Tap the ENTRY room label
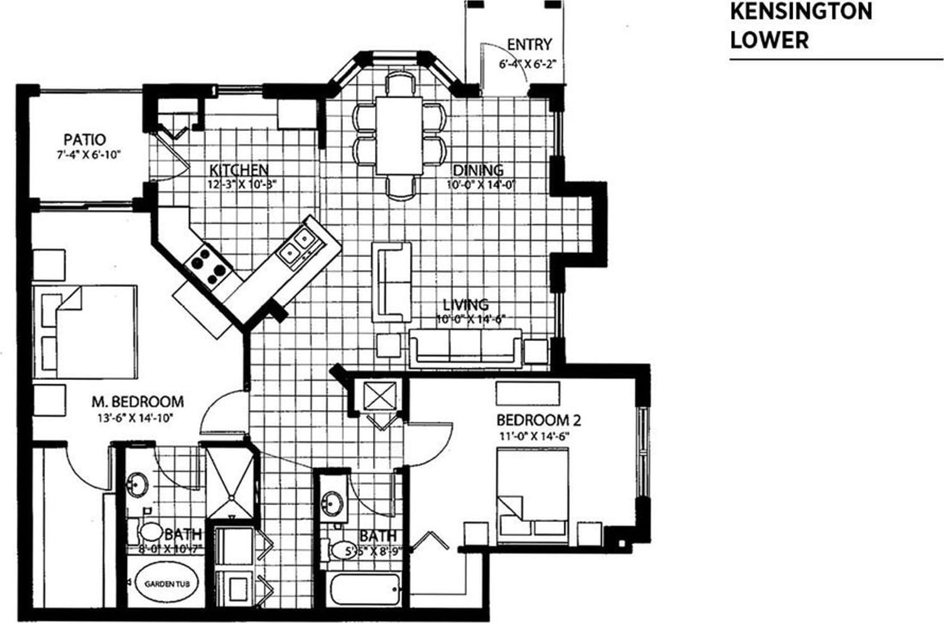(529, 45)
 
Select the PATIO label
(85, 139)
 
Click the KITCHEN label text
(239, 170)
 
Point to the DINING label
(478, 170)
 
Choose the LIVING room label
(465, 305)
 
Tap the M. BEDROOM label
(138, 401)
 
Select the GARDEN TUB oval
(163, 583)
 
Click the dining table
(399, 135)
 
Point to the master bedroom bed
(86, 331)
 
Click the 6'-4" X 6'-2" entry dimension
(528, 63)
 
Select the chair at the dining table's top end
(399, 84)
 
